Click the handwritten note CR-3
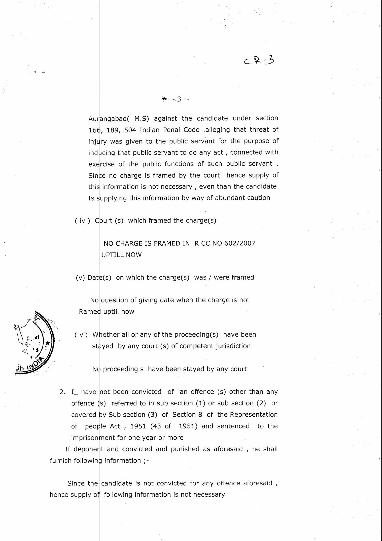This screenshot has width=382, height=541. click(259, 60)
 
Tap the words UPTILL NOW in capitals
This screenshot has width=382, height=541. click(121, 255)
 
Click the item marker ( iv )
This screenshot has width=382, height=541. click(82, 221)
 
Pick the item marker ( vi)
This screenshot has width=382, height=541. click(81, 335)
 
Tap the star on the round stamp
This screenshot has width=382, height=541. click(48, 343)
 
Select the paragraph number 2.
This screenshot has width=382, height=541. click(62, 392)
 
